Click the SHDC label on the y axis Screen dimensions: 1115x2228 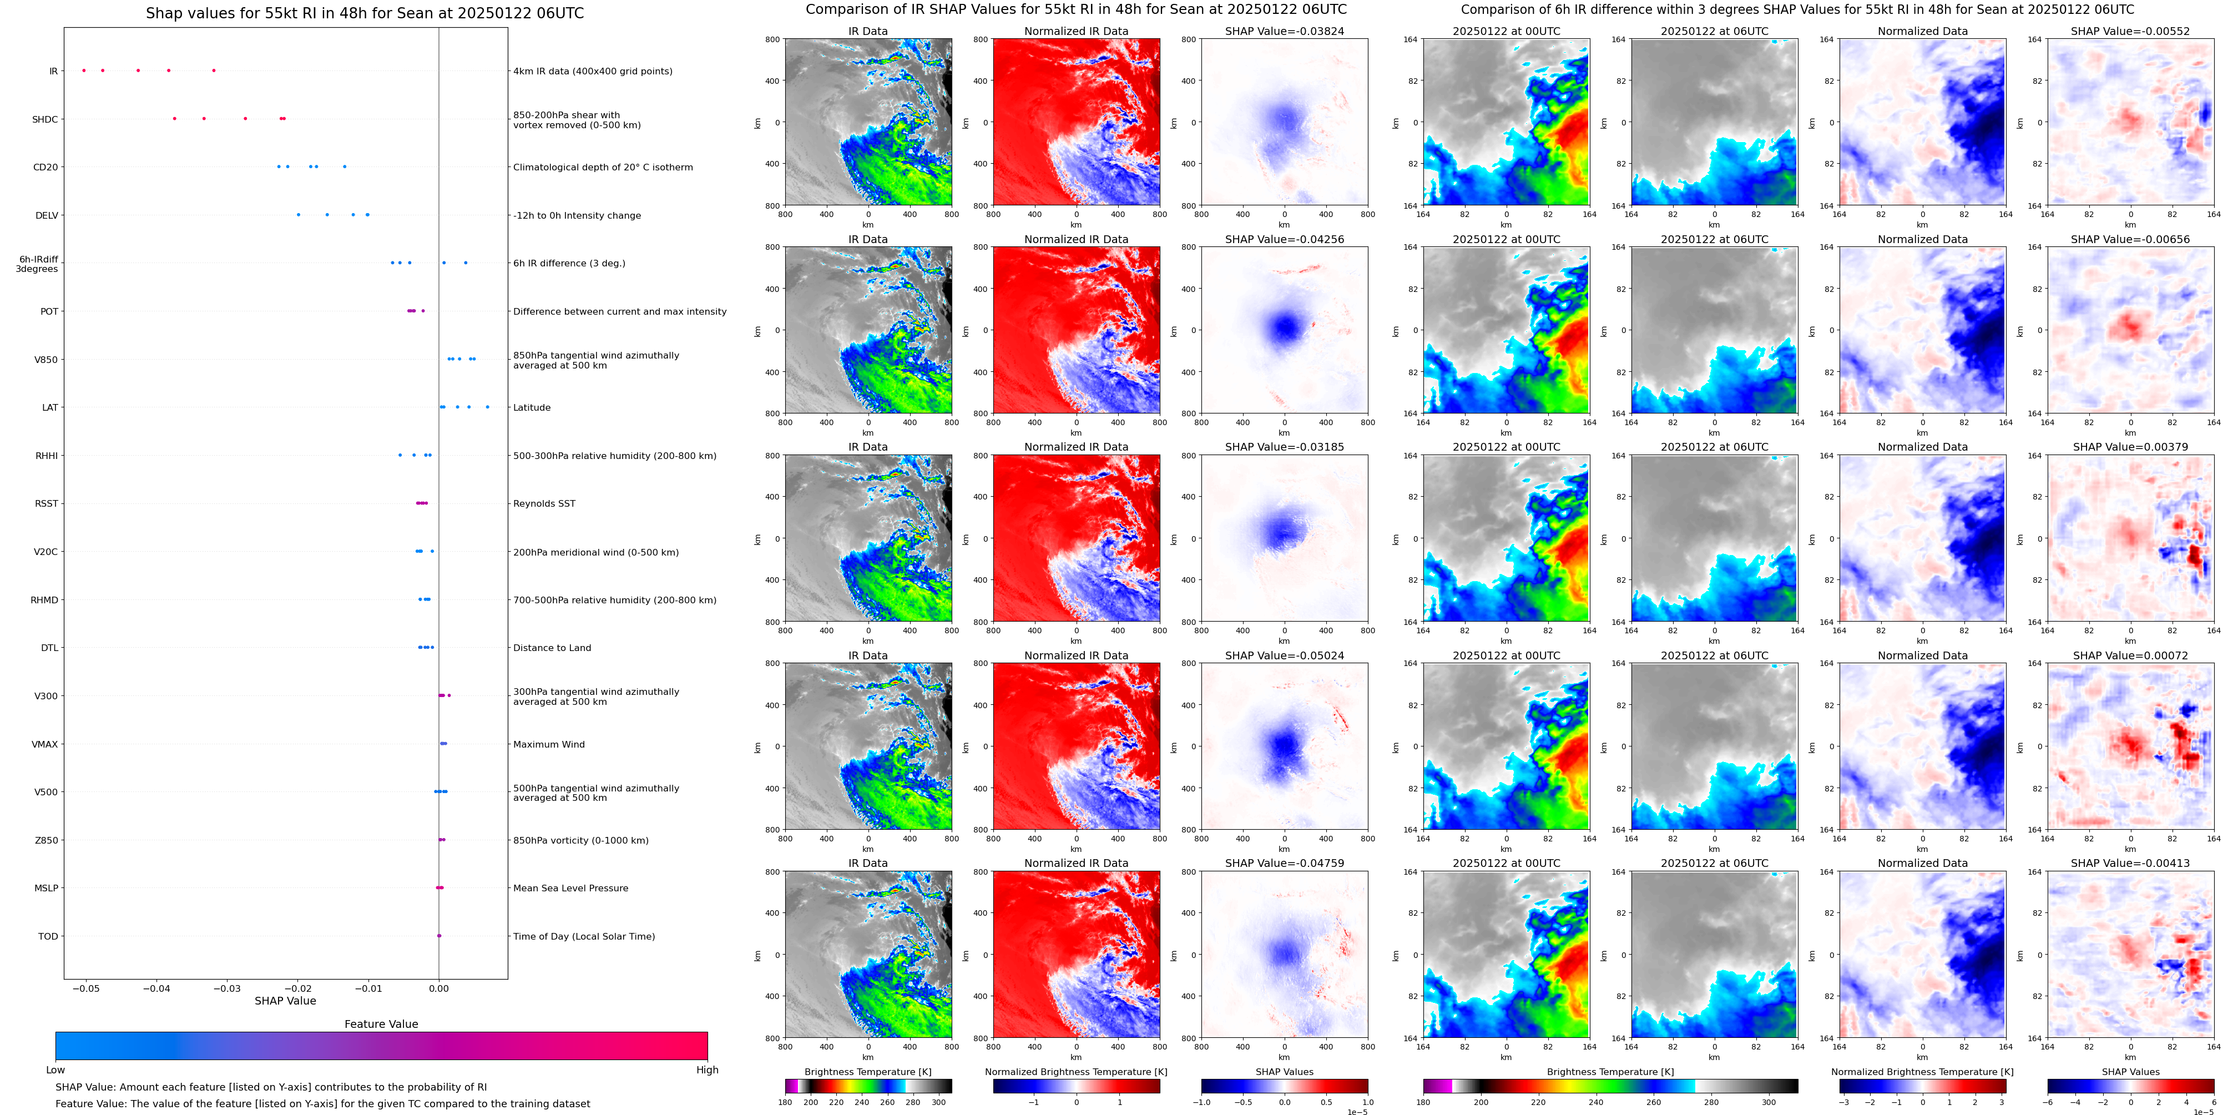click(45, 119)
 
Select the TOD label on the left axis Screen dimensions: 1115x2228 click(48, 936)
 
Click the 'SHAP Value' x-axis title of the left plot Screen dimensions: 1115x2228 click(285, 1001)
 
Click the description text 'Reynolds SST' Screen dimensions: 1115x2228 click(544, 503)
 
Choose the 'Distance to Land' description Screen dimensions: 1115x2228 click(552, 648)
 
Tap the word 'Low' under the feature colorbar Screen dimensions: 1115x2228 click(55, 1070)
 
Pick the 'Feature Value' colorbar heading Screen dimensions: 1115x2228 click(381, 1024)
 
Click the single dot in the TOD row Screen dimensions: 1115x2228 click(438, 936)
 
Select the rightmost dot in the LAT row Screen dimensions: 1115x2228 click(487, 407)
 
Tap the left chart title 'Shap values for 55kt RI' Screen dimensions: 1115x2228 click(364, 13)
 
